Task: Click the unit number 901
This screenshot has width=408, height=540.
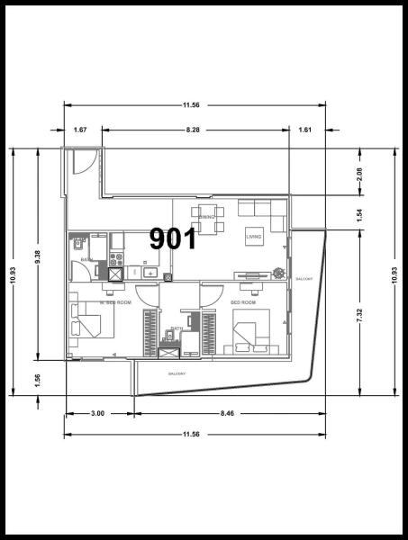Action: tap(173, 238)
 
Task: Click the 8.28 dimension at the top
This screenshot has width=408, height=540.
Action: tap(193, 130)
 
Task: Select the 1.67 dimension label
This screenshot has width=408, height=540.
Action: tap(80, 130)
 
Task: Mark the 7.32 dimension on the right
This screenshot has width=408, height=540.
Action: tap(359, 315)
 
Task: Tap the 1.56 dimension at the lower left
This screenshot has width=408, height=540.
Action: tap(37, 381)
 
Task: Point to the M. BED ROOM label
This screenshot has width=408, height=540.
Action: tap(116, 303)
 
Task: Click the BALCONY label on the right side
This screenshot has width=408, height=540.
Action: tap(304, 280)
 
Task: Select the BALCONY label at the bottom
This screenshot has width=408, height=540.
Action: tap(176, 373)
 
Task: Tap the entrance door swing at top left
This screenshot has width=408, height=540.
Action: tap(78, 163)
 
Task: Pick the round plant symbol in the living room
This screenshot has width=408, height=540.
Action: tap(279, 272)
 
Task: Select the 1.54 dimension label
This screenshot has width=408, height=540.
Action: tap(359, 214)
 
